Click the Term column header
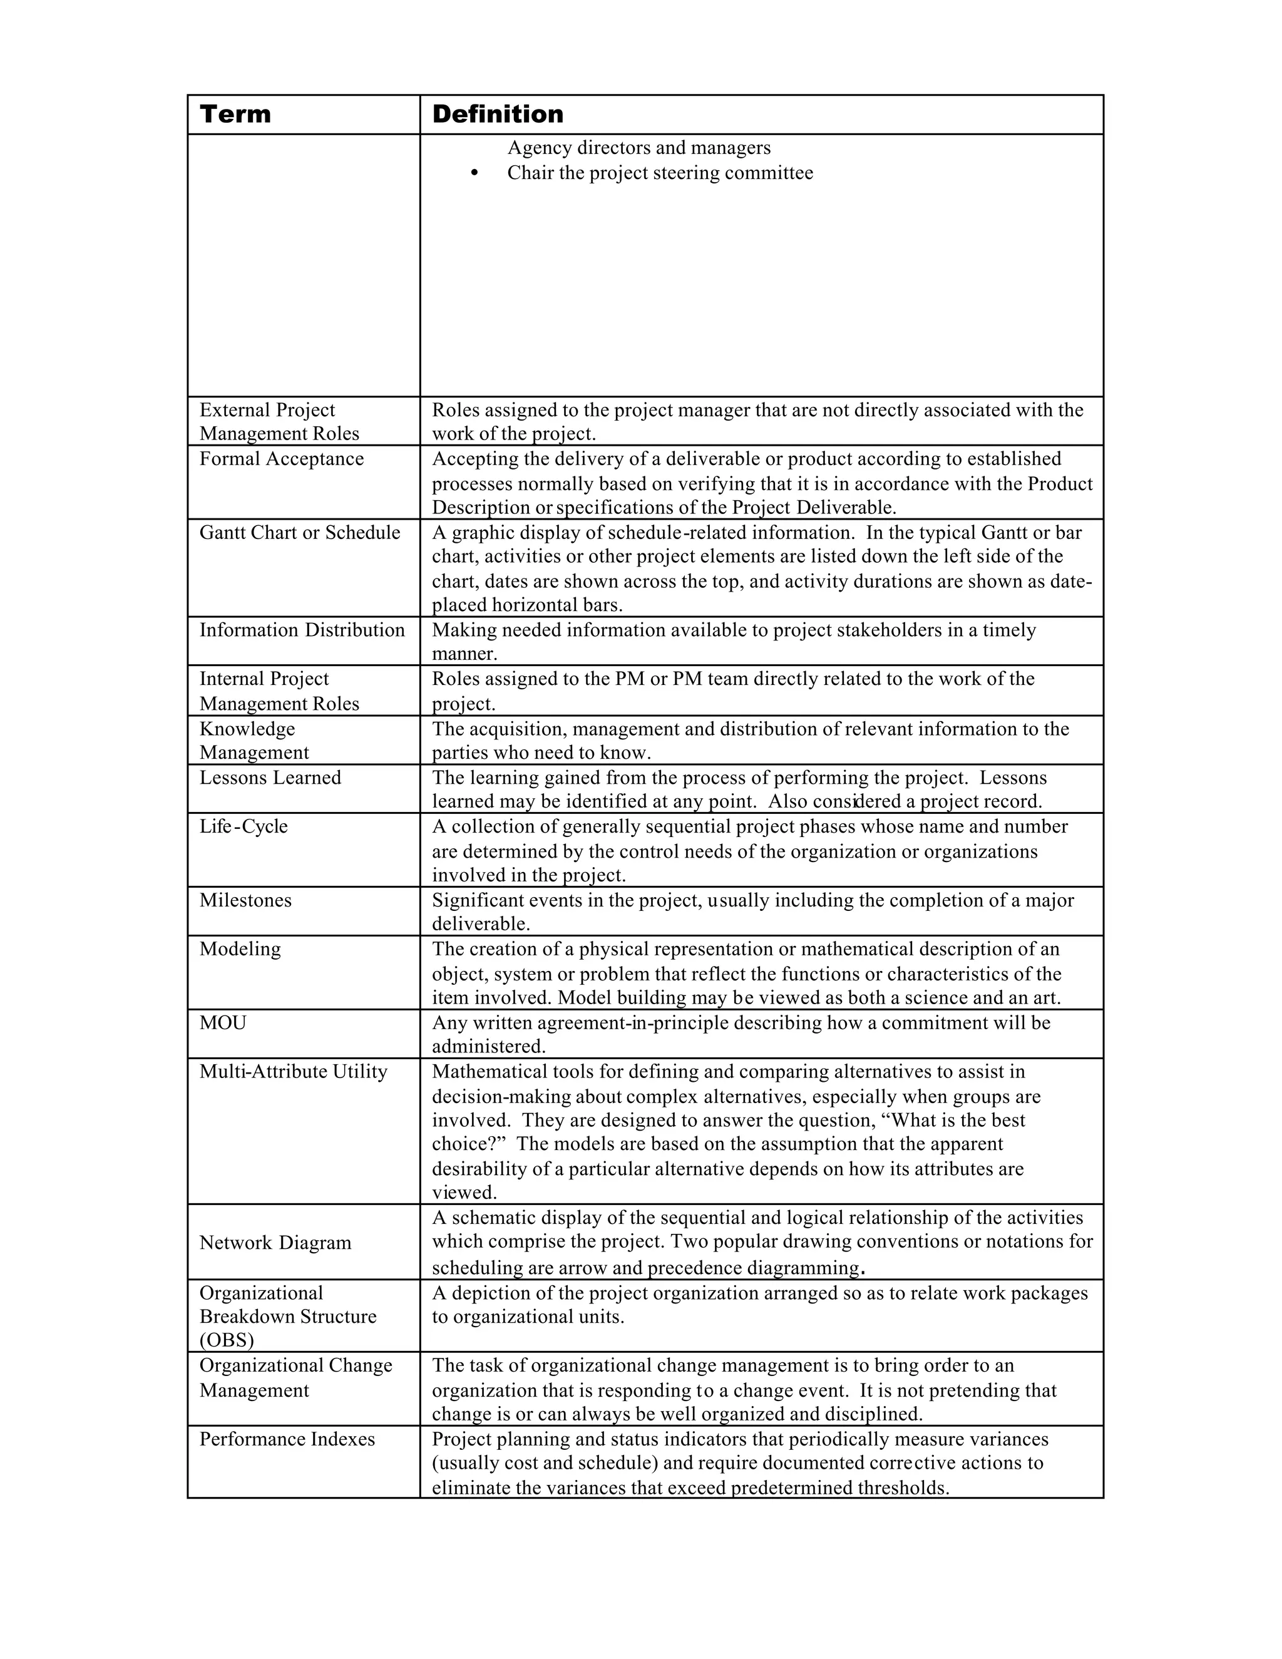point(235,115)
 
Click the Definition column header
point(498,115)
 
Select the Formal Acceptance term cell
point(281,459)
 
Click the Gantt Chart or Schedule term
point(299,533)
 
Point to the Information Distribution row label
point(302,630)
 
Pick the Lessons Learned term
point(270,778)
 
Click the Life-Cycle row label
point(243,826)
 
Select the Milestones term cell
point(245,900)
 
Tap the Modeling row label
point(239,948)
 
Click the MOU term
point(222,1022)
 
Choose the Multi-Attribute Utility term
point(293,1071)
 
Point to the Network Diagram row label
point(275,1243)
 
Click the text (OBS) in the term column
point(227,1340)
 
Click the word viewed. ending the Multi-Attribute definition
point(464,1193)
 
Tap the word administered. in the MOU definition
point(488,1047)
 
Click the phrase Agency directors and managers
point(638,147)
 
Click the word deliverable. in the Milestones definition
point(481,925)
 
